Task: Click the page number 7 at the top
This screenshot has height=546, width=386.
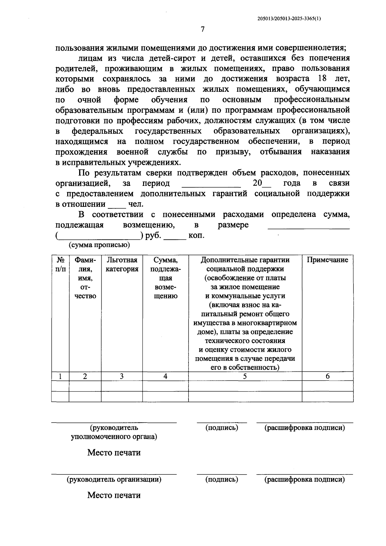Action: point(202,30)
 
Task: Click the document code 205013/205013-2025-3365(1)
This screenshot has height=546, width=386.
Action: point(289,19)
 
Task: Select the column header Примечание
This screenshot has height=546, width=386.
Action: point(327,260)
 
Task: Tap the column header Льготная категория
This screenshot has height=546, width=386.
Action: point(122,264)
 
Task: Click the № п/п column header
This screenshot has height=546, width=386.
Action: point(60,264)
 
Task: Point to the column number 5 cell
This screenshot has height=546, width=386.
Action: point(245,376)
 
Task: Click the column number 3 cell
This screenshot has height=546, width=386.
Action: point(122,376)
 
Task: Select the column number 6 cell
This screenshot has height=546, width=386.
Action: point(327,376)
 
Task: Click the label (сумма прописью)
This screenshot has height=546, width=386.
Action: point(99,245)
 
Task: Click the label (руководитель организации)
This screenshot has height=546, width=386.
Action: point(114,479)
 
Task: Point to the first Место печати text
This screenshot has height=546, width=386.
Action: point(114,453)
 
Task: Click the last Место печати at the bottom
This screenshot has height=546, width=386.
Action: point(114,495)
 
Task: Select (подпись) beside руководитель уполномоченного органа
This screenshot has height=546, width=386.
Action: point(222,428)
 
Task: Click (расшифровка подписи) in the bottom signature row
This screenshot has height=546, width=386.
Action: point(304,479)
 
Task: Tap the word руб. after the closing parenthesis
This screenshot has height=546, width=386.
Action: point(153,235)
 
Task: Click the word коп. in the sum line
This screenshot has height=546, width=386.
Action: point(196,235)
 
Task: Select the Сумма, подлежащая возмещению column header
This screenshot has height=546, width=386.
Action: point(165,278)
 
